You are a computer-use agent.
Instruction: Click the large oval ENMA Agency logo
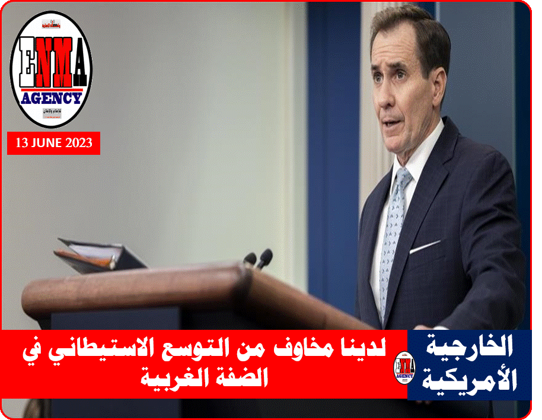tap(52, 69)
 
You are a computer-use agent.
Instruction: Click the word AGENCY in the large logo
tap(51, 97)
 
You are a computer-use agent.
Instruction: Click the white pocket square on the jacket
tap(426, 247)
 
